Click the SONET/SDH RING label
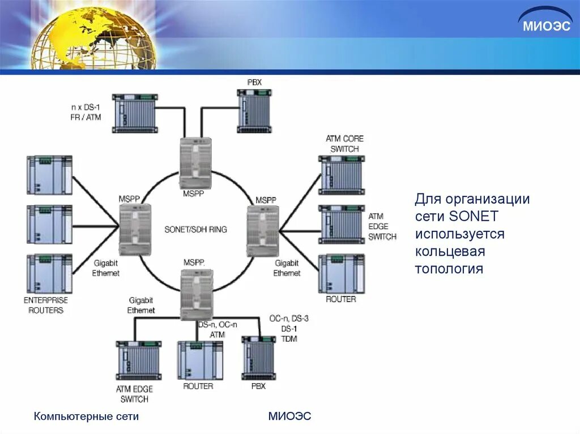coord(195,230)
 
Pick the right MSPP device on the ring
coord(263,231)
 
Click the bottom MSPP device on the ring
coord(197,295)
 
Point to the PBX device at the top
coord(254,111)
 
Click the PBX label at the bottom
coord(258,386)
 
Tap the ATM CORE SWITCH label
coord(344,144)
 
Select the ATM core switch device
coord(341,175)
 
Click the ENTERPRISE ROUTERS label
coord(46,305)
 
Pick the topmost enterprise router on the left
coord(49,175)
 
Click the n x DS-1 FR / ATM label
coord(86,112)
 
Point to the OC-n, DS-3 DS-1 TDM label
coord(289,328)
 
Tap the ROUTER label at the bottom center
coord(198,386)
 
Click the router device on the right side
coord(341,273)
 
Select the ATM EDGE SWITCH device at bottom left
coord(138,360)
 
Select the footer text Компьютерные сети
coord(86,417)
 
